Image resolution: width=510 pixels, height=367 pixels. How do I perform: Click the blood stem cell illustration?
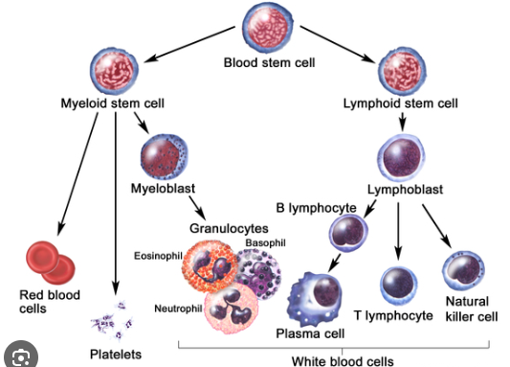[x=268, y=29]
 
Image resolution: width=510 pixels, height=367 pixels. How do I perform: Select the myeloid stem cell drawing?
[x=114, y=71]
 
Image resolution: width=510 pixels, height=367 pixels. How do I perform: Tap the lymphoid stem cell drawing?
[x=402, y=71]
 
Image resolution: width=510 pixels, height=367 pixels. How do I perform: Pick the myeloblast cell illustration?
[x=165, y=157]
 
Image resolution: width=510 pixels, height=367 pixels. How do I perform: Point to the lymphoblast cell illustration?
[x=401, y=157]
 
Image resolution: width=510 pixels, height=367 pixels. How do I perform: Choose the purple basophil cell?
[x=259, y=273]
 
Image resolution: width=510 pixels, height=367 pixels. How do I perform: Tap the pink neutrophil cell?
[x=232, y=308]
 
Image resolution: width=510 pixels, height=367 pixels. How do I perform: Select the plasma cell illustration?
[x=315, y=299]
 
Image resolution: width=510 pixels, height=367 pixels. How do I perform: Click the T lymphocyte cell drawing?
[x=399, y=286]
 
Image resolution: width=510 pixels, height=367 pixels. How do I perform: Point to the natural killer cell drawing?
[x=463, y=271]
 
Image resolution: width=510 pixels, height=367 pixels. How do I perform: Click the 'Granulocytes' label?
[x=229, y=229]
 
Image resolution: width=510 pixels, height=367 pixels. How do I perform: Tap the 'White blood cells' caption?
[x=343, y=361]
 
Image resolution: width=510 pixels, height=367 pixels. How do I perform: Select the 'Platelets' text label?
[x=116, y=355]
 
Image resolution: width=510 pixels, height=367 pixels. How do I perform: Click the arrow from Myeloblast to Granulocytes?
[x=197, y=208]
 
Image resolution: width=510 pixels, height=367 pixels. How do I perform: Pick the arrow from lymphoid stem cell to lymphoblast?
[x=402, y=122]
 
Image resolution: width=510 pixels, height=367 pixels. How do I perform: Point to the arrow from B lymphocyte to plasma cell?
[x=334, y=264]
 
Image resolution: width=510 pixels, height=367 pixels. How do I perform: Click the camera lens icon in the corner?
[x=21, y=356]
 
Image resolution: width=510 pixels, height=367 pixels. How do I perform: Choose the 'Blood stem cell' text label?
[x=269, y=62]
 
